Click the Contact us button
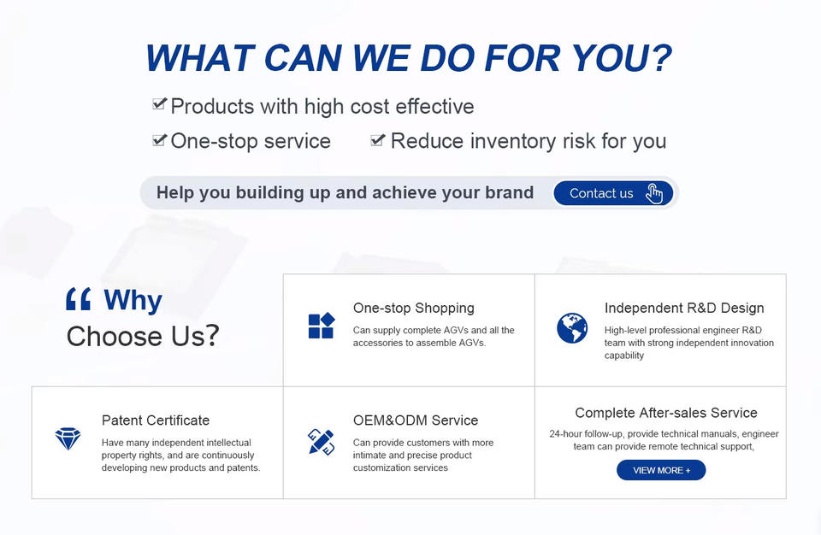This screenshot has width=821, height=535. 613,193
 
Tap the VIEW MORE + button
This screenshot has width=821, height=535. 661,470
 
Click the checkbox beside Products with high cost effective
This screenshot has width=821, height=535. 160,103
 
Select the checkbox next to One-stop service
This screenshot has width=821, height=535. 160,140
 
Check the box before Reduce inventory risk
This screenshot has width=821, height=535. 377,140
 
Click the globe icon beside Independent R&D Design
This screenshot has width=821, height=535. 572,327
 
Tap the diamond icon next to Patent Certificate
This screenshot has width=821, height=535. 68,438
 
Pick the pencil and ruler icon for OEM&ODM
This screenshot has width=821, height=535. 321,442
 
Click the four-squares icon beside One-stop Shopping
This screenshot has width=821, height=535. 321,326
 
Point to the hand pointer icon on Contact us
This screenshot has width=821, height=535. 654,194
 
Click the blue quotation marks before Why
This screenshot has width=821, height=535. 79,299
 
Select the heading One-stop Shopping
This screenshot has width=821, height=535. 414,308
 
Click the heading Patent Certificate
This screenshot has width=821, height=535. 156,420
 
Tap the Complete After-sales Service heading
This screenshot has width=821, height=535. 666,413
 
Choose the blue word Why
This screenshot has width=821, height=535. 133,301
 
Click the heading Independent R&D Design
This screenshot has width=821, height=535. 684,308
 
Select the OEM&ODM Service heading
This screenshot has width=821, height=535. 416,420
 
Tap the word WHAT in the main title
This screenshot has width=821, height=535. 200,57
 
